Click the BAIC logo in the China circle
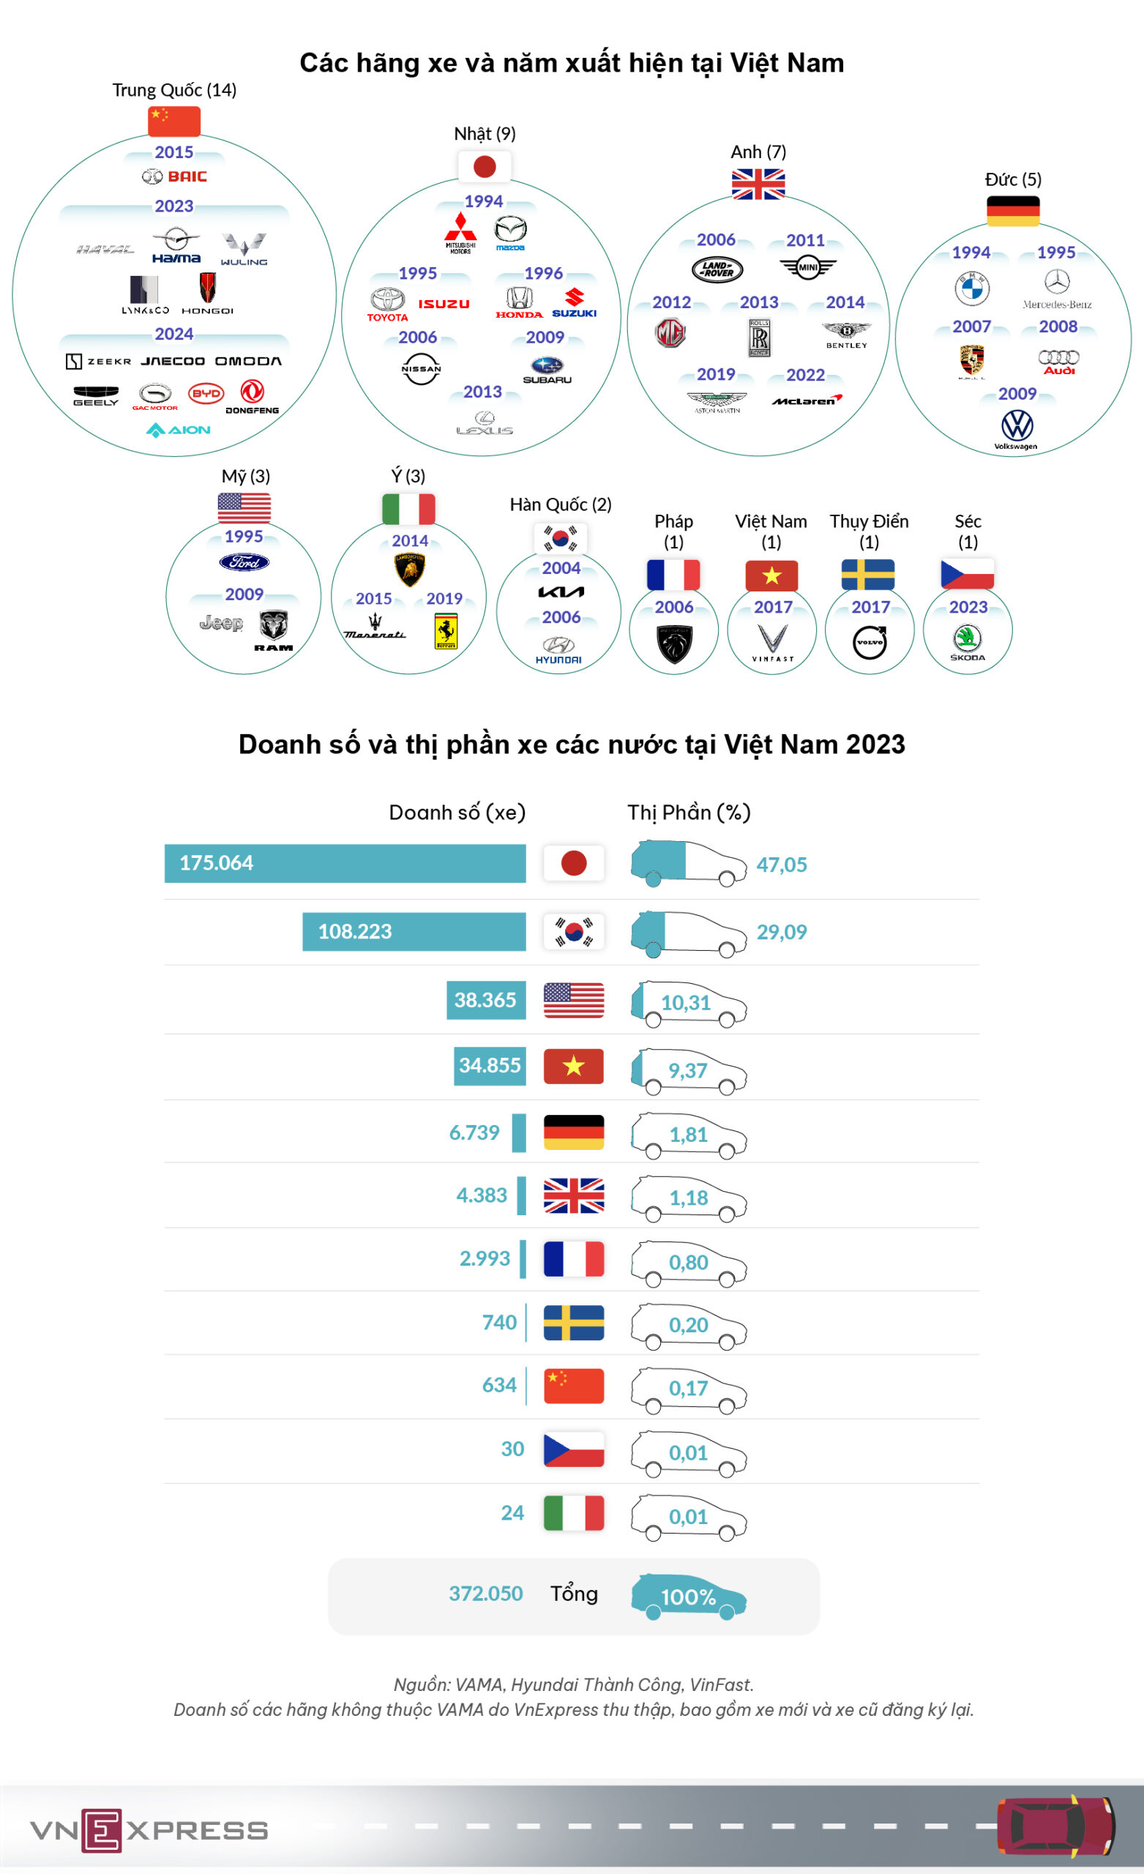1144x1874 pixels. tap(174, 176)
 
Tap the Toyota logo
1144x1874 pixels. tap(388, 305)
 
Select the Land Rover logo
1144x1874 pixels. tap(717, 269)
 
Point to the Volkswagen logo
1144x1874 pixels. tap(1016, 429)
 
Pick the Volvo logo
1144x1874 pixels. tap(870, 642)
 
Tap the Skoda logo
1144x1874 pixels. tap(968, 642)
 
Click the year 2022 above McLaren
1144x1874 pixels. tap(806, 375)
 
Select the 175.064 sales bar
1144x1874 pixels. tap(345, 863)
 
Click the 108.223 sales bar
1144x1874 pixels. tap(414, 932)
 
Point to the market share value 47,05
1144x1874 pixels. tap(781, 865)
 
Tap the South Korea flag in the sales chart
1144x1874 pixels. tap(574, 932)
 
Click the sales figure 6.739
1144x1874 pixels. tap(474, 1132)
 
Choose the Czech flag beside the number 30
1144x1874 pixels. tap(574, 1449)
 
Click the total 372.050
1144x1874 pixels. tap(485, 1594)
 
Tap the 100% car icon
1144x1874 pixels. tap(689, 1597)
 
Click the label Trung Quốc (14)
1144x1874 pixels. tap(174, 90)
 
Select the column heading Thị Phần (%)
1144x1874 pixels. tap(689, 813)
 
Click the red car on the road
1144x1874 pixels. tap(1055, 1826)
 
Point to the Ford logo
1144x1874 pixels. tap(244, 562)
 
